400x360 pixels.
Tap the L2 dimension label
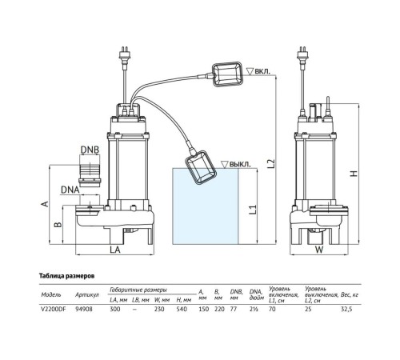tap(271, 162)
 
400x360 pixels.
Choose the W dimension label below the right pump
tap(318, 250)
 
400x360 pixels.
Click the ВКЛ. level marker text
tap(261, 70)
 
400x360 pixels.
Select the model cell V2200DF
tap(52, 307)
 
